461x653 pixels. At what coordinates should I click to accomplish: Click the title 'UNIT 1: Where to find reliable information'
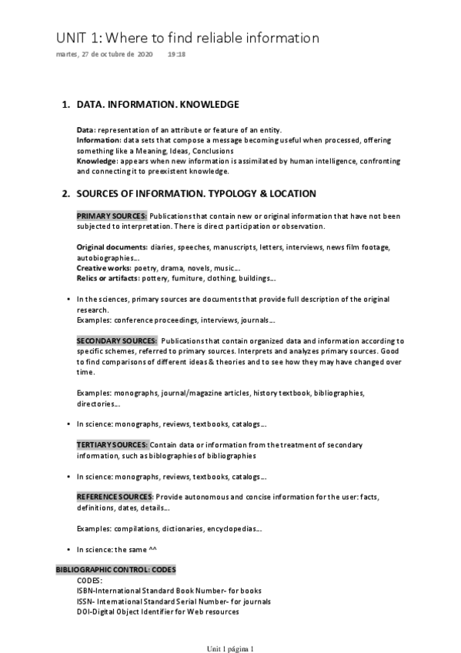[187, 38]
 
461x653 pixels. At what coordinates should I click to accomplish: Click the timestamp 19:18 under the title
[176, 55]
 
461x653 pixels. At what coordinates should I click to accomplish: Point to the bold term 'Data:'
[86, 130]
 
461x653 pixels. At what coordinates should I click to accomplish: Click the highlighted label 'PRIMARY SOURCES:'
[112, 216]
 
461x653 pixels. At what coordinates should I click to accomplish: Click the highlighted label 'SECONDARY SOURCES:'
[117, 340]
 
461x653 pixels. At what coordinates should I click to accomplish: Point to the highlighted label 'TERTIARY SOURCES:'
[112, 445]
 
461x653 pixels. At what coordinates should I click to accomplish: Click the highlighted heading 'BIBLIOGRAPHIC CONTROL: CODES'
[115, 570]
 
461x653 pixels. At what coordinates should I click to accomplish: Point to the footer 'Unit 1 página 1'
[230, 648]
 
